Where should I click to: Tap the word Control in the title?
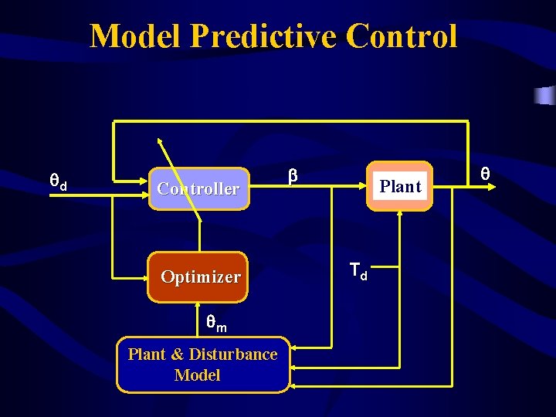[x=402, y=37]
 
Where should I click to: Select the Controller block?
[x=198, y=188]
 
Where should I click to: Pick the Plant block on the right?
[x=400, y=186]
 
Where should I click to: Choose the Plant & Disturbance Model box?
[x=202, y=364]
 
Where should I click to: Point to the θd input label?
[x=58, y=183]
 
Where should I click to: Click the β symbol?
[x=293, y=177]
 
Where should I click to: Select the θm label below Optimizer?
[x=215, y=324]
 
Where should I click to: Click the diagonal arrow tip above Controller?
[x=160, y=141]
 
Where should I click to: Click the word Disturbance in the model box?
[x=232, y=354]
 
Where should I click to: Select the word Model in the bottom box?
[x=197, y=375]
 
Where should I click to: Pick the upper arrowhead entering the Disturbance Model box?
[x=296, y=349]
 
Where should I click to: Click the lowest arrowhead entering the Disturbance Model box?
[x=296, y=383]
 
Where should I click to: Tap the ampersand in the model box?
[x=178, y=354]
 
